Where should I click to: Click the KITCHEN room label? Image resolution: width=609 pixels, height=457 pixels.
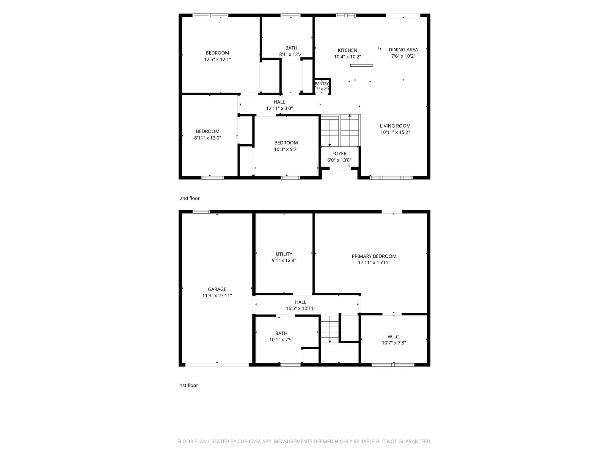[x=347, y=50]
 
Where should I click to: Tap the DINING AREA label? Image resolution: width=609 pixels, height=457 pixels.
[x=403, y=50]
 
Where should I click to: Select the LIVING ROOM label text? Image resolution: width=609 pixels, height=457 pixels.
[x=395, y=126]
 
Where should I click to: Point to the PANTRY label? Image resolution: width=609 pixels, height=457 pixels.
[x=322, y=84]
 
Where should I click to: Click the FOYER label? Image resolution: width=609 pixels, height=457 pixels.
[x=339, y=154]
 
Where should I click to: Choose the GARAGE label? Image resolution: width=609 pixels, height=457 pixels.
[x=217, y=289]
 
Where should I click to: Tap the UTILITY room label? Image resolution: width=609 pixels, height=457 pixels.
[x=284, y=254]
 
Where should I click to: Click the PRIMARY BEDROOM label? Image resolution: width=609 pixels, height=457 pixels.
[x=374, y=256]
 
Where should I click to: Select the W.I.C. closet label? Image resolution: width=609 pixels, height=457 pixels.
[x=394, y=337]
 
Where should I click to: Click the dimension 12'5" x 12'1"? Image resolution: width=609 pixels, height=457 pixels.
[x=217, y=60]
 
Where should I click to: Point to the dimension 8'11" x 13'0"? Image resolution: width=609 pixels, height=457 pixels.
[x=208, y=138]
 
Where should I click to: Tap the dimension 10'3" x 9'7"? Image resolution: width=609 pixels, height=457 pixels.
[x=286, y=149]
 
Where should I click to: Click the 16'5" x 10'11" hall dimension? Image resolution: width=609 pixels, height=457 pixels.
[x=301, y=309]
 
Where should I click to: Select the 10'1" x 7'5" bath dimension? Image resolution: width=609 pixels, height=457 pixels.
[x=281, y=340]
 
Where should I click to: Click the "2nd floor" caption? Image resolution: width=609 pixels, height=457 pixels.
[x=189, y=198]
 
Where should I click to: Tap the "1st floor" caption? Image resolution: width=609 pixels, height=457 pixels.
[x=189, y=385]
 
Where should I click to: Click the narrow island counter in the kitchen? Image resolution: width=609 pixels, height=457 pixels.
[x=361, y=65]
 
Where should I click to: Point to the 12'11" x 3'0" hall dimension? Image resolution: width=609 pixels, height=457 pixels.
[x=279, y=109]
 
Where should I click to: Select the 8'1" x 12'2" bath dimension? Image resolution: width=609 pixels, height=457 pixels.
[x=291, y=54]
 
